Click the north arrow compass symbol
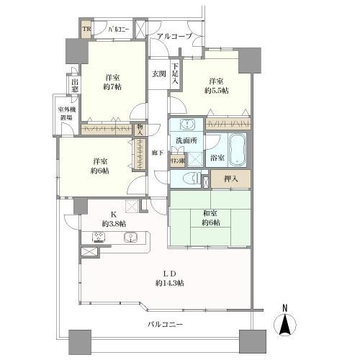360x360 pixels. [x=285, y=321]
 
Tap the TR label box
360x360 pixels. [x=86, y=30]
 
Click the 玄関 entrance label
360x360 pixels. [x=158, y=73]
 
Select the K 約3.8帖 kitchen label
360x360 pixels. [x=114, y=219]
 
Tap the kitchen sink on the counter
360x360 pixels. [x=131, y=238]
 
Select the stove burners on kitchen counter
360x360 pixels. [x=99, y=238]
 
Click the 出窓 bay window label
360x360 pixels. [x=75, y=85]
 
